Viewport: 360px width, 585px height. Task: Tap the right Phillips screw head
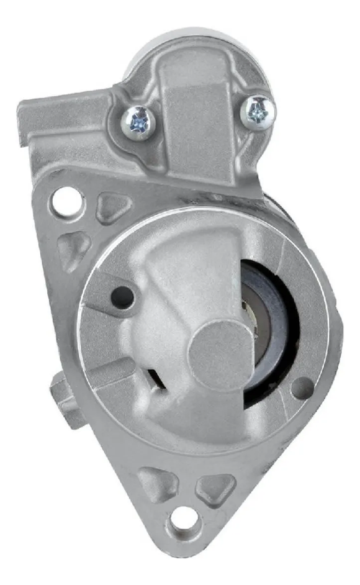(258, 111)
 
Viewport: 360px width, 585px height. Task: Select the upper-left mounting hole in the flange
(66, 201)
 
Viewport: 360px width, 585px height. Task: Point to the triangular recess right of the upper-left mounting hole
(113, 207)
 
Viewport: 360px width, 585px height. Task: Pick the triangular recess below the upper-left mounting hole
(74, 248)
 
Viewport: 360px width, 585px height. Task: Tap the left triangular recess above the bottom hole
(158, 482)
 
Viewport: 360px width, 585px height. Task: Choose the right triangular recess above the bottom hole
(215, 487)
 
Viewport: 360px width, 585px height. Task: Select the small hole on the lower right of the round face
(302, 388)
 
